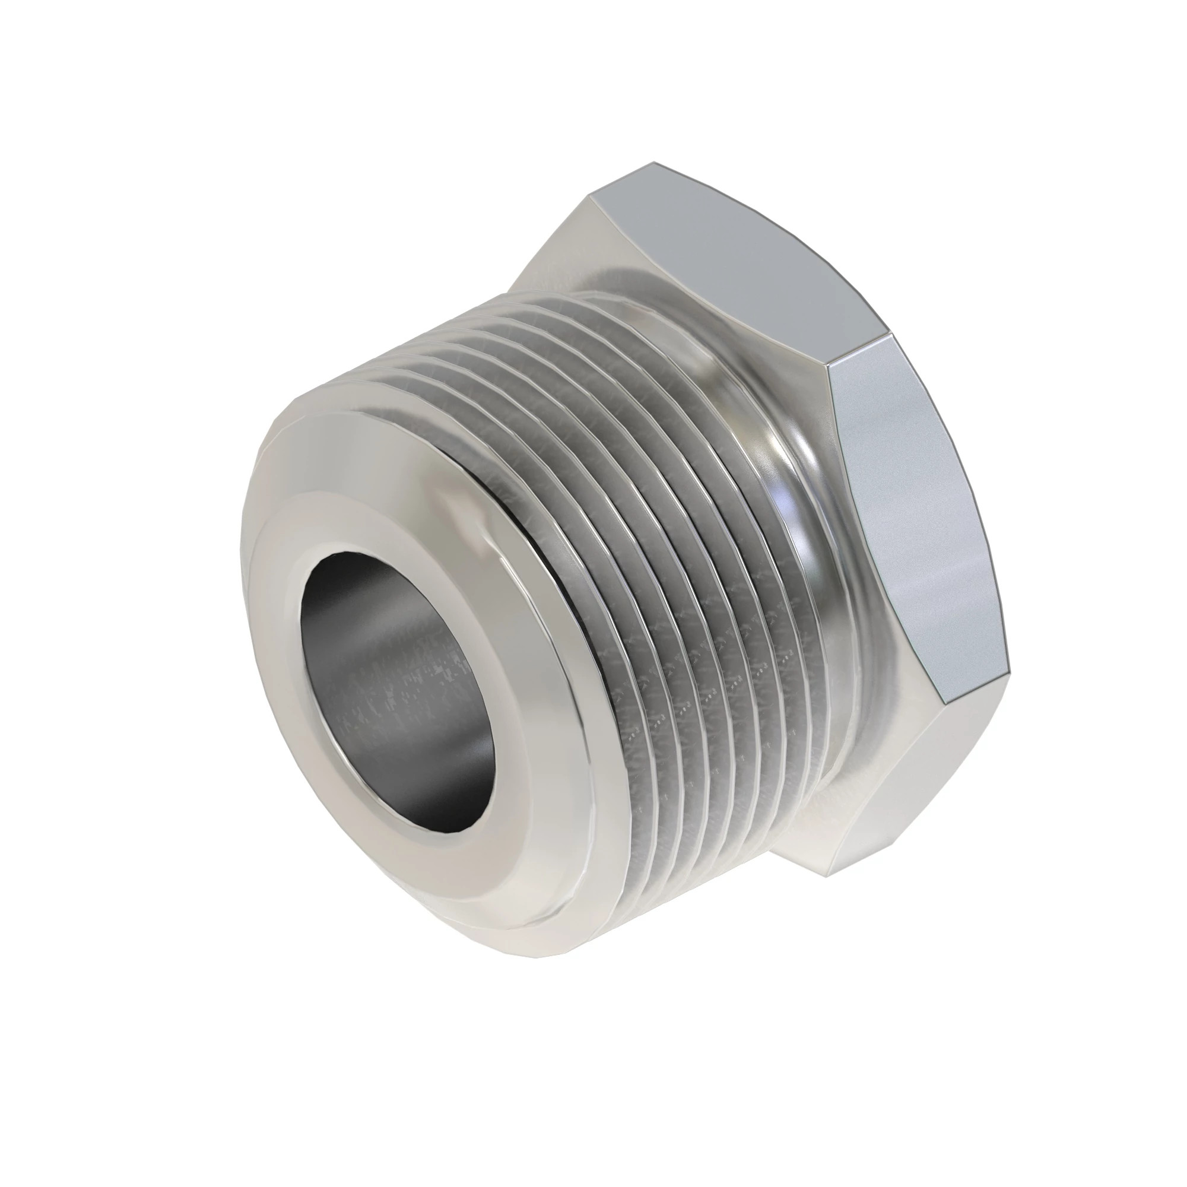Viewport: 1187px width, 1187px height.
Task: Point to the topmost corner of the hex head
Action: tap(652, 163)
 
